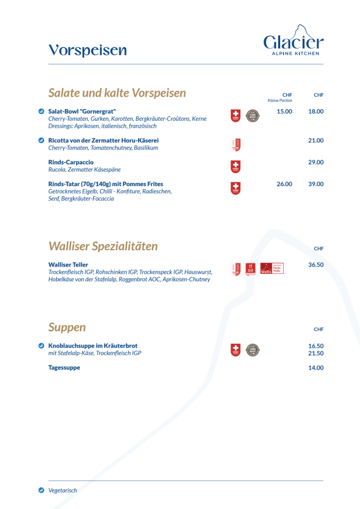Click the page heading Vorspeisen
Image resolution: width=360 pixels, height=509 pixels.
(x=88, y=51)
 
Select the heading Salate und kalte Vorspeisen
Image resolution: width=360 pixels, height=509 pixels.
(x=117, y=93)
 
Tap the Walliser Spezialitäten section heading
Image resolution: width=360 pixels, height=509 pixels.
(x=103, y=246)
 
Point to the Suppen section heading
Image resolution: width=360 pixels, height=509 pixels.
(x=67, y=327)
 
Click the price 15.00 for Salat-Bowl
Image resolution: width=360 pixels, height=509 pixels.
(x=285, y=111)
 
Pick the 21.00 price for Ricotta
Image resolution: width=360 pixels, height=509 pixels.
(x=316, y=140)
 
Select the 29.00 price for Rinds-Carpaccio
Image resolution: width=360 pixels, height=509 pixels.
(x=316, y=162)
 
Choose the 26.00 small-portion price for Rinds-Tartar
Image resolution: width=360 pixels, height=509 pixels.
(x=285, y=183)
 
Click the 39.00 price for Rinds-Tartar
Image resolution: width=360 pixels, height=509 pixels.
(x=316, y=183)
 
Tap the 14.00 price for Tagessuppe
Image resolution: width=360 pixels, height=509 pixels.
(x=316, y=368)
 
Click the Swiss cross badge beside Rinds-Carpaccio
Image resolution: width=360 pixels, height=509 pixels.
(x=236, y=166)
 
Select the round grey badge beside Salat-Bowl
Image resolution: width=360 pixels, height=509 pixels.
(x=253, y=116)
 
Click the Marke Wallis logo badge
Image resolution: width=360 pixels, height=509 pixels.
(x=272, y=269)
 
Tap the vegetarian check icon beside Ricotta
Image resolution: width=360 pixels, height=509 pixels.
(x=41, y=140)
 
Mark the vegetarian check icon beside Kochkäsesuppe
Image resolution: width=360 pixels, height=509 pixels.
(x=41, y=346)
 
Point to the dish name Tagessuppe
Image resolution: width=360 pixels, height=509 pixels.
(x=64, y=368)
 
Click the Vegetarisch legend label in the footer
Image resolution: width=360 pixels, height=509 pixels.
(x=62, y=490)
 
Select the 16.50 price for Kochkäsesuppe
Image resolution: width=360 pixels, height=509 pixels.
(x=316, y=346)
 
